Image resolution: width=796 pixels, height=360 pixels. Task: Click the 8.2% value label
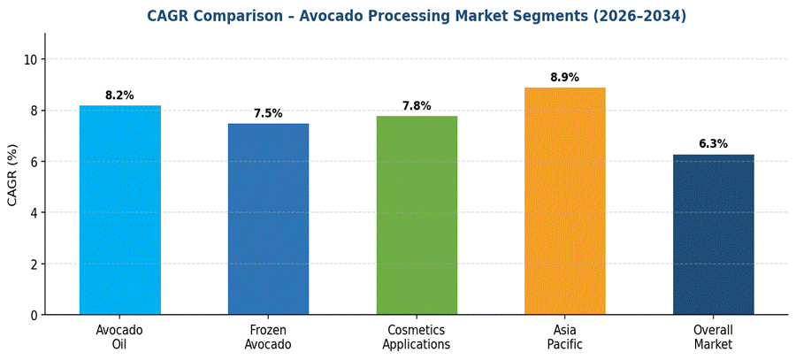120,96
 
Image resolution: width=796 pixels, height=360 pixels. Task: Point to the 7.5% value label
268,113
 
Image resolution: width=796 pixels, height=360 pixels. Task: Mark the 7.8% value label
417,106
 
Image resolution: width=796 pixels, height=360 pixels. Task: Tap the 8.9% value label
565,78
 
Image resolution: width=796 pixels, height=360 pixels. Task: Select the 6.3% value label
714,144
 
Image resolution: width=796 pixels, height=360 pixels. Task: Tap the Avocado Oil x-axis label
120,337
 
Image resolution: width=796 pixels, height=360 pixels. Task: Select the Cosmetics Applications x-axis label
417,337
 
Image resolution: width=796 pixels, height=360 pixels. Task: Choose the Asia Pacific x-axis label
565,337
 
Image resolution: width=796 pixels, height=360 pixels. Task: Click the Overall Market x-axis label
714,337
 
